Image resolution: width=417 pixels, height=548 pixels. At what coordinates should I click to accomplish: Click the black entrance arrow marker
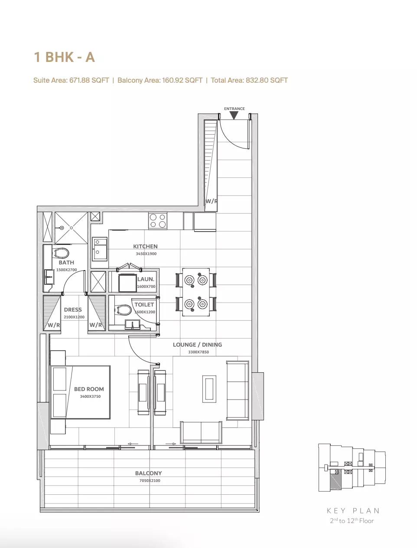234,115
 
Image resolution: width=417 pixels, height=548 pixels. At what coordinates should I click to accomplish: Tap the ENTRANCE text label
234,109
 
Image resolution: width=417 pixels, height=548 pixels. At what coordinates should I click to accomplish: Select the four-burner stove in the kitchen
157,220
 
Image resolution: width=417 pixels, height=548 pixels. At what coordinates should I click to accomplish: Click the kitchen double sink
100,248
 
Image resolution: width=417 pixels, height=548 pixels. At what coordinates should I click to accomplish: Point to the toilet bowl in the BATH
61,253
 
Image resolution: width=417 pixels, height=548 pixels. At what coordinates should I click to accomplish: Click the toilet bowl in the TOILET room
123,309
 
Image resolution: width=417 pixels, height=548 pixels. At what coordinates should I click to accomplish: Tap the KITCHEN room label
145,246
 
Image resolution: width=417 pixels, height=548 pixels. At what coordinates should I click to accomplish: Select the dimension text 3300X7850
198,352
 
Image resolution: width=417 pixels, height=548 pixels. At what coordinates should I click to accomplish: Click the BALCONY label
148,473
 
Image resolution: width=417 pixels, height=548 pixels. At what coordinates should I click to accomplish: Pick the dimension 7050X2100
150,480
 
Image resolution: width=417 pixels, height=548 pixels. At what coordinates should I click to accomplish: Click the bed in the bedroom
80,392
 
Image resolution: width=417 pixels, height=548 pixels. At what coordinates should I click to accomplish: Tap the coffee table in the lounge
209,389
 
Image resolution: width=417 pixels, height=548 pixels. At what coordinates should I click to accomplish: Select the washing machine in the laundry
127,283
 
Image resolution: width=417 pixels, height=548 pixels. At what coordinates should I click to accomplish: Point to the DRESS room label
73,309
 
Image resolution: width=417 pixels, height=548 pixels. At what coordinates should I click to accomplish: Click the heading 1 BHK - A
64,57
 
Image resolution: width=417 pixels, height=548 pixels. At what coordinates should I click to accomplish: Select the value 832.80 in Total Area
257,80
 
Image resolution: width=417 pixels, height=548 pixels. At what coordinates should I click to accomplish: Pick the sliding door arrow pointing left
133,444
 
